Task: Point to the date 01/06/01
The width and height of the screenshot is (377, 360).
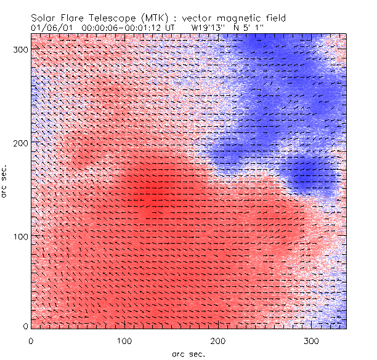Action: click(47, 27)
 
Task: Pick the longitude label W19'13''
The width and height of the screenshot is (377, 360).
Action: click(206, 27)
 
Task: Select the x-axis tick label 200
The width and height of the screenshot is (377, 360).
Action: click(217, 340)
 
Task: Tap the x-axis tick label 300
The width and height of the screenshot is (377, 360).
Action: click(311, 340)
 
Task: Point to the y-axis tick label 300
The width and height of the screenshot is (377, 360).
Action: click(20, 49)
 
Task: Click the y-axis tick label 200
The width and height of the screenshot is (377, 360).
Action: click(20, 142)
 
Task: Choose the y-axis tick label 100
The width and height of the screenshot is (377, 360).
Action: click(20, 236)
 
